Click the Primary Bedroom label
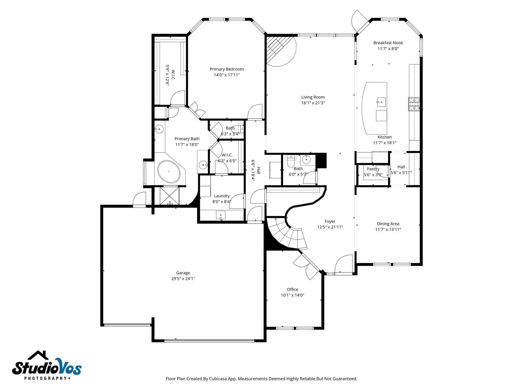(x=227, y=69)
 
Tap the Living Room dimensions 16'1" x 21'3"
(x=313, y=103)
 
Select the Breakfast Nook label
(x=388, y=43)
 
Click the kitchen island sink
(x=381, y=102)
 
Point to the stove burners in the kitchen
(x=413, y=104)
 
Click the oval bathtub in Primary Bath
(x=169, y=172)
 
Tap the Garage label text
(x=183, y=273)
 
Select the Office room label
(x=292, y=289)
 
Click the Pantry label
(x=373, y=169)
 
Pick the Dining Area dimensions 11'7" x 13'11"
(x=388, y=229)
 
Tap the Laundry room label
(x=222, y=196)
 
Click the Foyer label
(x=330, y=221)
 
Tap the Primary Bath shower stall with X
(x=169, y=196)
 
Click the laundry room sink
(x=221, y=215)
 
